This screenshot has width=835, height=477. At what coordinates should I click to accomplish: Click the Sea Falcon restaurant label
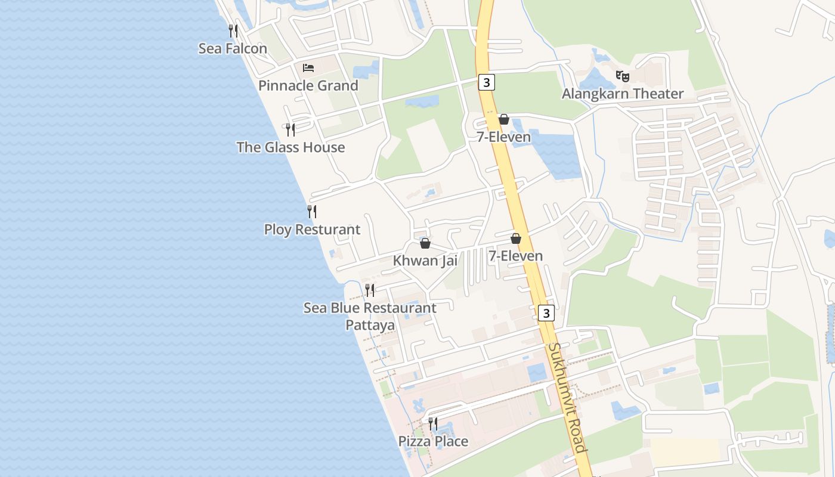233,49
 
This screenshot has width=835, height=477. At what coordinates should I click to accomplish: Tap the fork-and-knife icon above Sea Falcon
233,30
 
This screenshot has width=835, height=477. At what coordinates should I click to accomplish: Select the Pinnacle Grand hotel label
308,86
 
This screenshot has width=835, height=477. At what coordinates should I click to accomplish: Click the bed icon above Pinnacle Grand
308,67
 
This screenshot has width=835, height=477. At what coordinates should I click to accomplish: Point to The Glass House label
290,147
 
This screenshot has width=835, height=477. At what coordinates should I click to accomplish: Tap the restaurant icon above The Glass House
290,129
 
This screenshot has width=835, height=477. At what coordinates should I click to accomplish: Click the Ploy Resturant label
312,230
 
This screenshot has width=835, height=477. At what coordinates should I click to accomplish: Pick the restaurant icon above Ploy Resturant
311,211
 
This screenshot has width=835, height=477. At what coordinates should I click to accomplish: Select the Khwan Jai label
425,261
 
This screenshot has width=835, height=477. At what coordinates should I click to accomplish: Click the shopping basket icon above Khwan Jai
425,243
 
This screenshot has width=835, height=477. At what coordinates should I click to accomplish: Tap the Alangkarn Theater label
622,94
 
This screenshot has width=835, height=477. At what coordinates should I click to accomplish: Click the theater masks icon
623,76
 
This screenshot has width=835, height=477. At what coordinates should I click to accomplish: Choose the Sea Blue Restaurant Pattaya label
370,316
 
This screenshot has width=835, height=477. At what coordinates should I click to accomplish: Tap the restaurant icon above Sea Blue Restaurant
370,290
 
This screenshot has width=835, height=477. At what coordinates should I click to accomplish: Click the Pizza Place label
433,441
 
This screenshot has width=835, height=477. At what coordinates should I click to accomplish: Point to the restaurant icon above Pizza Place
433,423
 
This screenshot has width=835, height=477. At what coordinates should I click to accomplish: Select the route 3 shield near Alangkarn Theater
487,82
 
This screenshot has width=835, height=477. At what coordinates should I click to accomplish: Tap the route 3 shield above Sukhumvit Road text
546,312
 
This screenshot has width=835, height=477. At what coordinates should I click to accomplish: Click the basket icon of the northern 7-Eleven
504,119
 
